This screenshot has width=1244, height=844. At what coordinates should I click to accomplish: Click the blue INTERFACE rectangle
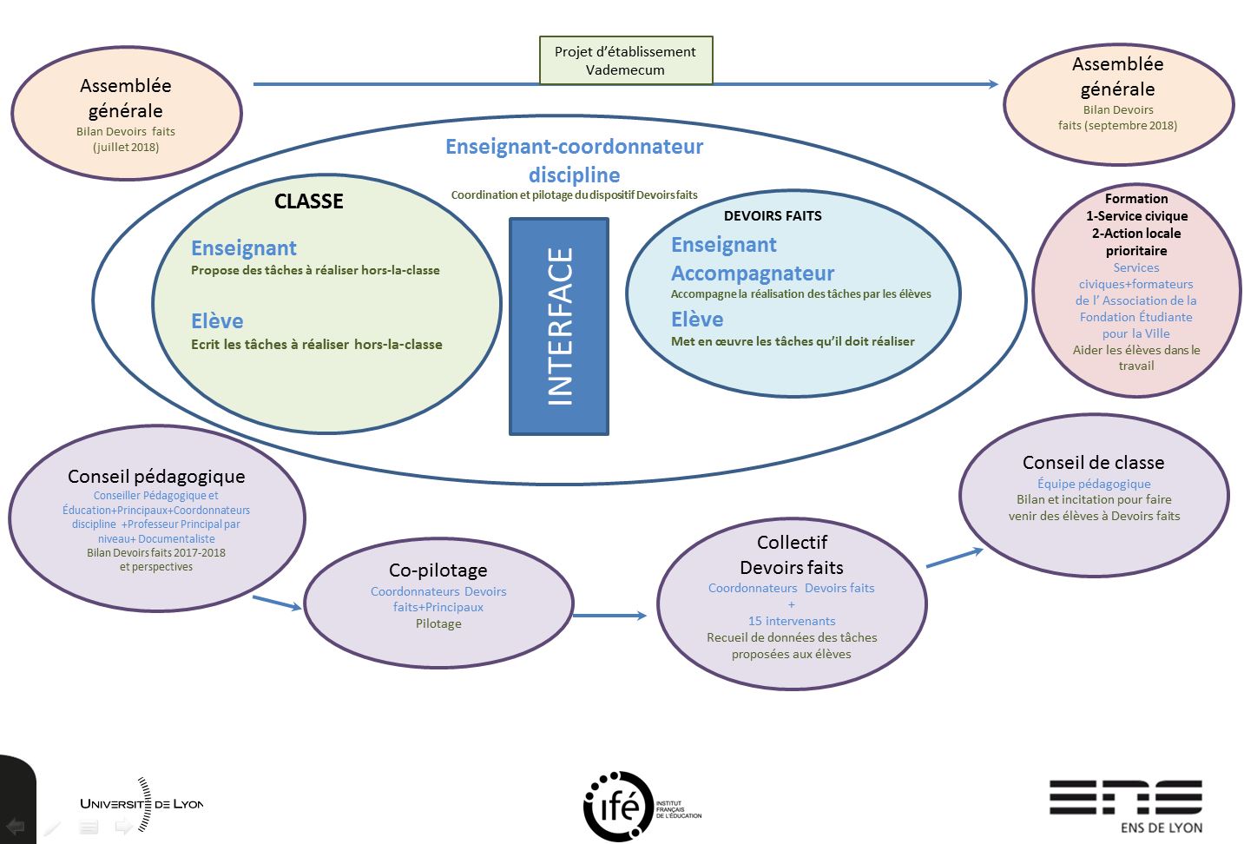(559, 326)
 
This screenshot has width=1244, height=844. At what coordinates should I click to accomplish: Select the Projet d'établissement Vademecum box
(625, 61)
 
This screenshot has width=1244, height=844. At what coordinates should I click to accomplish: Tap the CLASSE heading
(309, 201)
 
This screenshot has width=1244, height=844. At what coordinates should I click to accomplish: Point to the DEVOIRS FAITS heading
(773, 216)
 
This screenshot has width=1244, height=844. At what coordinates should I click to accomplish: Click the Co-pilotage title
(438, 570)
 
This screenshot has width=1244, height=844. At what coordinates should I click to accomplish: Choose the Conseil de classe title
(1093, 463)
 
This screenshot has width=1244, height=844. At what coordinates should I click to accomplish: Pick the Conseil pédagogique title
(156, 477)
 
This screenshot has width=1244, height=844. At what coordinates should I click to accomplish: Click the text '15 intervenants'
(792, 621)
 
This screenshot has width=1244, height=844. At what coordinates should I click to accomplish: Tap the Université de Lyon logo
(142, 804)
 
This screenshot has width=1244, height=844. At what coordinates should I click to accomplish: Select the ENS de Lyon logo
(1126, 804)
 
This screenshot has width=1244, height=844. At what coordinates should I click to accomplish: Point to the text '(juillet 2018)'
(126, 148)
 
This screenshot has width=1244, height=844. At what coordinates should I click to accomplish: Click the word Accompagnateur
(753, 274)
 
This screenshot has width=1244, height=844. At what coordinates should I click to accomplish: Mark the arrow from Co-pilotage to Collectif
(609, 616)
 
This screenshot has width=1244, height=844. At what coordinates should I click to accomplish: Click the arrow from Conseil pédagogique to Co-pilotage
(276, 602)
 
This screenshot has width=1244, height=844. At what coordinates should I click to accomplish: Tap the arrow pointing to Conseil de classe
(954, 558)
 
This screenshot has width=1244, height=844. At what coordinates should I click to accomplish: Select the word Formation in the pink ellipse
(1135, 199)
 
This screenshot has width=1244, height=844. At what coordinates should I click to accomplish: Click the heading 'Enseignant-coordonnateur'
(574, 147)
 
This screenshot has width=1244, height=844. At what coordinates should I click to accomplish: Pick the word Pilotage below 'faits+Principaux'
(438, 624)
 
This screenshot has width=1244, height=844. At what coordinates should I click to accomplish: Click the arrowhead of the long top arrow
(993, 84)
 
